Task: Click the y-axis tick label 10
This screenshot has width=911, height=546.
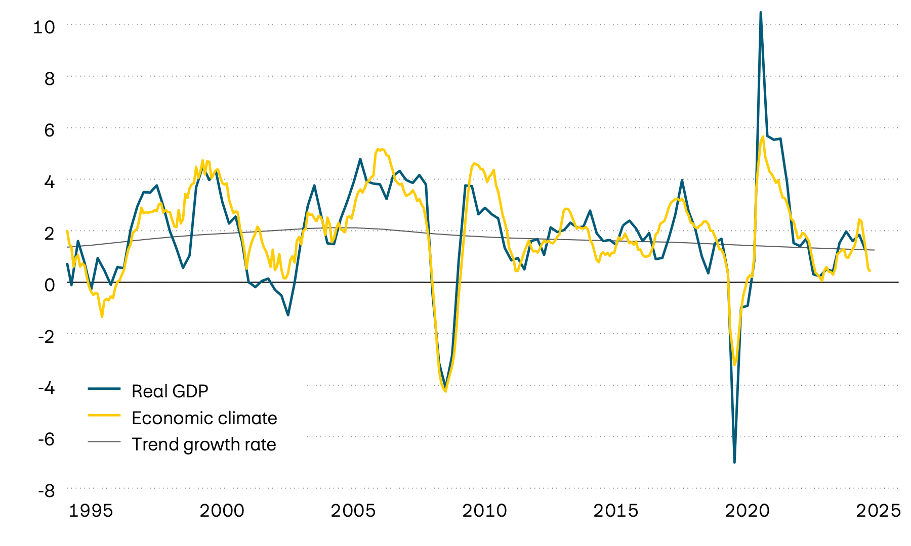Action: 44,27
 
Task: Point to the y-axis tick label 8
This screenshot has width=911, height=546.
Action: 49,78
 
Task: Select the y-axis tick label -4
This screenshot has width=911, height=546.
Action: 46,388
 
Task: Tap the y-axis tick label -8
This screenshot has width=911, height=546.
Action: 46,490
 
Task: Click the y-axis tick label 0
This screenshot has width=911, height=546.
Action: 49,285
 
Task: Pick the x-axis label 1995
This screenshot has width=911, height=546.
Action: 91,511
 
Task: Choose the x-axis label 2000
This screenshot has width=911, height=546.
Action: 222,511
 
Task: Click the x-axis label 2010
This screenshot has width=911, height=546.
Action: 484,511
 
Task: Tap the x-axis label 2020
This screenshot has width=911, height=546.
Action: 747,511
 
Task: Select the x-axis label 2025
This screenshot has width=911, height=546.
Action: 878,511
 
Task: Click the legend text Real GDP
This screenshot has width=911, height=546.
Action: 170,391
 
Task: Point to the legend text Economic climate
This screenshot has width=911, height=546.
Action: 204,418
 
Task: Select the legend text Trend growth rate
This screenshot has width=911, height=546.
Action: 203,444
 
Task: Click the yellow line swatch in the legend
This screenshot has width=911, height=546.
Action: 104,415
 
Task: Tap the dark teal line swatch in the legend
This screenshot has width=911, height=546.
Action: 104,388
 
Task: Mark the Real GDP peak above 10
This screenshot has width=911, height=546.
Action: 761,13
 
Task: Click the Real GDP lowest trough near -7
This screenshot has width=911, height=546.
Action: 734,462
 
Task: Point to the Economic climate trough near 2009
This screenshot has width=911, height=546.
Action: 445,391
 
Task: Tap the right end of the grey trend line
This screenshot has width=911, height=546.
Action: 874,250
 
